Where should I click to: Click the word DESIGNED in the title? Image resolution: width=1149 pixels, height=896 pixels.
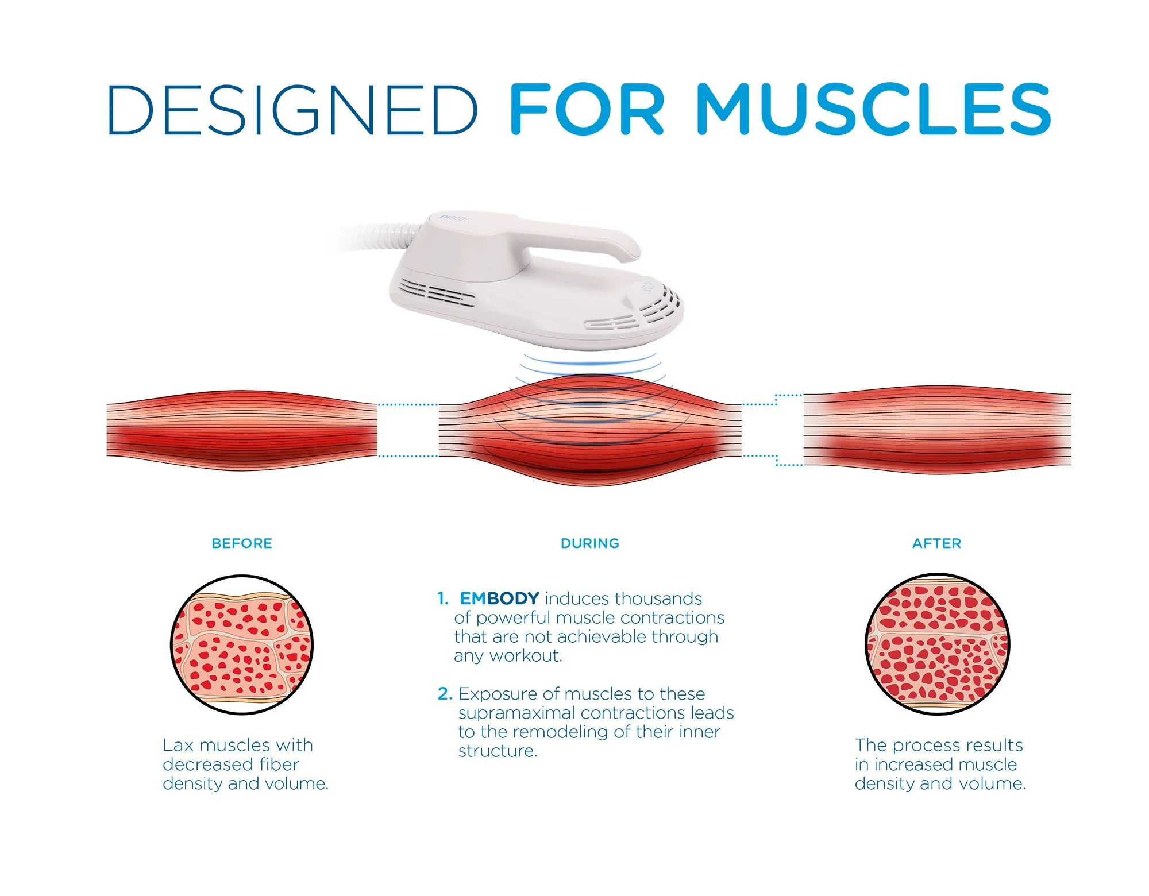[x=292, y=109]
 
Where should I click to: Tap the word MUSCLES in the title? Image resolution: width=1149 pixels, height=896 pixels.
[x=873, y=109]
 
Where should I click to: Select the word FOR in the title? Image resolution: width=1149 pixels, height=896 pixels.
[x=586, y=109]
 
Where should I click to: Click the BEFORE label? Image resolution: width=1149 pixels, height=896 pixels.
[x=242, y=543]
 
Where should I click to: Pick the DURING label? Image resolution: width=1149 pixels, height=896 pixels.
[x=590, y=543]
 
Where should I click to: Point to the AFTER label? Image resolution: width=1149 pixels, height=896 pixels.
[x=936, y=543]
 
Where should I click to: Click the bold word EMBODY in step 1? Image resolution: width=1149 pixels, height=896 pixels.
[x=499, y=598]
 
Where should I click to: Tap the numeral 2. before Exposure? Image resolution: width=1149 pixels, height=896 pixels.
[x=445, y=694]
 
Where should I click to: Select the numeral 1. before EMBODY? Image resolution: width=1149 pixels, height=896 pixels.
[x=442, y=598]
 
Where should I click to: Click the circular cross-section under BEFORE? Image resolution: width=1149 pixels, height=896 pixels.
[x=242, y=644]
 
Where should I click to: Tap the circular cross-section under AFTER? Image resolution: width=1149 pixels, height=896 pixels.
[x=937, y=644]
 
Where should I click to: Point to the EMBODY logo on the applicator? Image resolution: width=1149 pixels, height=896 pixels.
[x=454, y=218]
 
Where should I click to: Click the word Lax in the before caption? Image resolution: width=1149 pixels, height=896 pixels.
[x=178, y=746]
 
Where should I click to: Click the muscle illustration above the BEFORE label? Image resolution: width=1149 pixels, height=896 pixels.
[x=242, y=431]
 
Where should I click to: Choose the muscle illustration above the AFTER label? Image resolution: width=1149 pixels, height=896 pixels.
[x=937, y=430]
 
